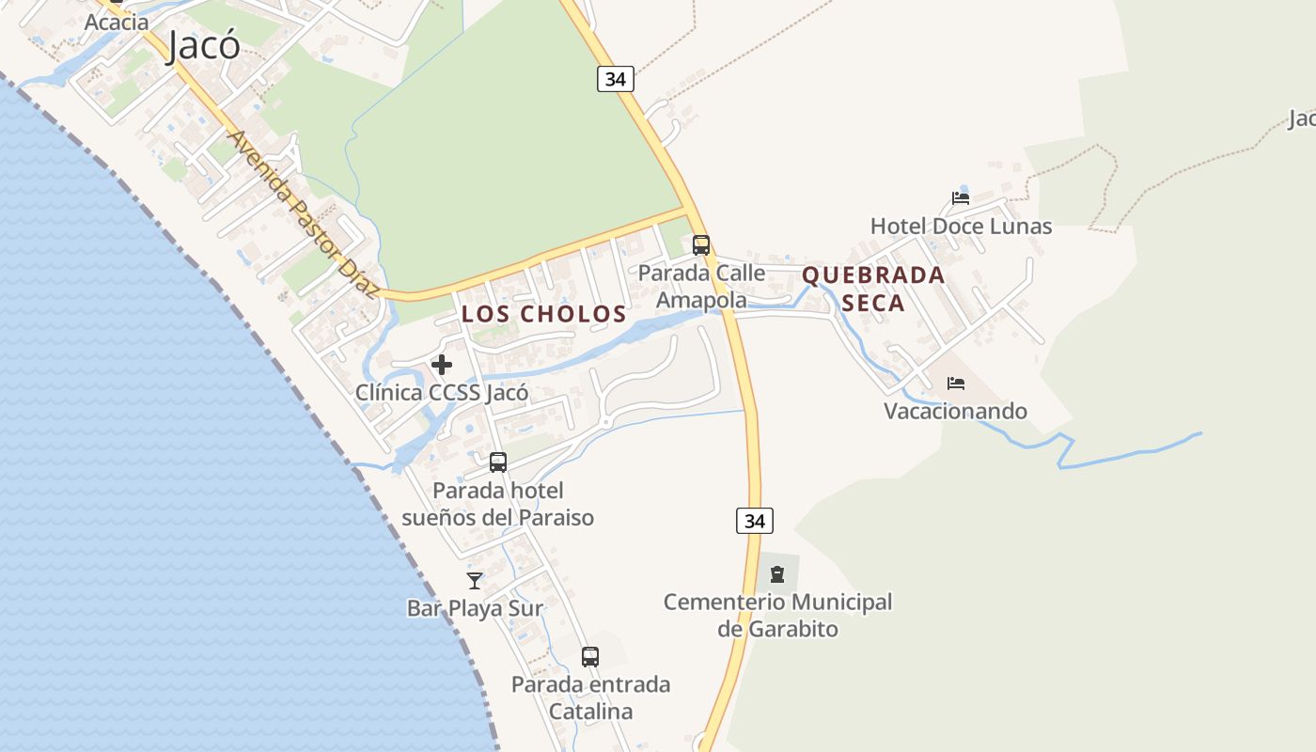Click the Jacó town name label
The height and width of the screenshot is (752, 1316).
coord(204,44)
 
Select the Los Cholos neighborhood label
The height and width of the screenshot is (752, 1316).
coord(544,314)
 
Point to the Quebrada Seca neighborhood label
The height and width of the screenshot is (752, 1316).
coord(873,289)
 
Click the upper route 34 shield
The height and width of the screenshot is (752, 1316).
coord(616,79)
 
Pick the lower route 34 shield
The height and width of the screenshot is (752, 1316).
coord(754,521)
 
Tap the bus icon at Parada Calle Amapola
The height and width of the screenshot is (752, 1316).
coord(701,245)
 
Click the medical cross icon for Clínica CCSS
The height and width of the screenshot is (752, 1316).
coord(442,365)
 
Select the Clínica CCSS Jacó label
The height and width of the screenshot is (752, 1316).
coord(442,393)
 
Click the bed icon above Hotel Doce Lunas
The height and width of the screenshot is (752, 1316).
coord(960,198)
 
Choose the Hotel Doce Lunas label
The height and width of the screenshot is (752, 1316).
coord(961,227)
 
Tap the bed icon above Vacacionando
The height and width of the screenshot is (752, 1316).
coord(956,384)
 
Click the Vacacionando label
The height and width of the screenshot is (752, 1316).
coord(955,412)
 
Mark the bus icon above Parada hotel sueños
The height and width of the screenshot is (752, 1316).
coord(498,462)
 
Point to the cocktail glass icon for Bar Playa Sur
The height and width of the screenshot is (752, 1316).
coord(475,581)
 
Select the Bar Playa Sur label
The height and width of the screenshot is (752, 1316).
coord(475,609)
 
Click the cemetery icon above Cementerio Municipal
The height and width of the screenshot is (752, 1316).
coord(777,573)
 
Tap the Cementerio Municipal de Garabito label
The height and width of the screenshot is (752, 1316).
coord(777,615)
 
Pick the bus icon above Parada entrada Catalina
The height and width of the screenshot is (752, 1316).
coord(590,657)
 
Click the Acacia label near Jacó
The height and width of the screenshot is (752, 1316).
coord(117,22)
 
